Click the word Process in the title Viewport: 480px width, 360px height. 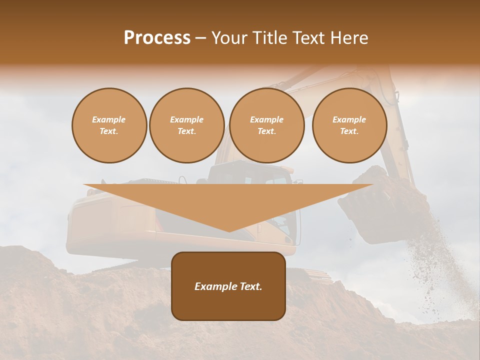[157, 38]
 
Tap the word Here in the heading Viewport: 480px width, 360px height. [348, 38]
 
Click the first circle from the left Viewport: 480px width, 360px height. [109, 125]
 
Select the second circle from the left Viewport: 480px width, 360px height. [187, 125]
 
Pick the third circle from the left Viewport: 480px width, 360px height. [266, 125]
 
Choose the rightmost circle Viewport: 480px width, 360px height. [349, 125]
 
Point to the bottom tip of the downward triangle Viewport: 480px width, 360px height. [229, 231]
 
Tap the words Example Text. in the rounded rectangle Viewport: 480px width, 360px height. [228, 286]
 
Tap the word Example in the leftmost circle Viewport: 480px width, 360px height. [109, 119]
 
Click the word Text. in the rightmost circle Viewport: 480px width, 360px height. [349, 131]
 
